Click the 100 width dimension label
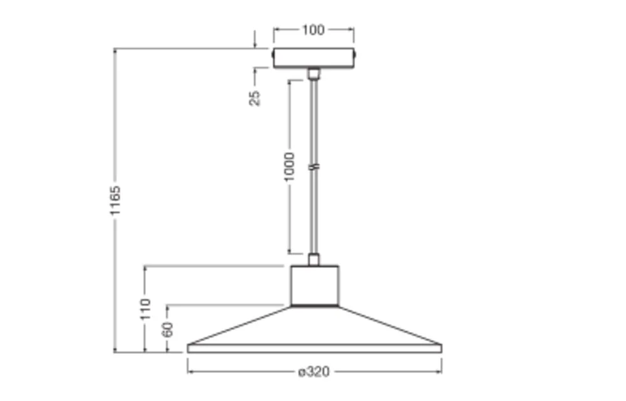click(314, 30)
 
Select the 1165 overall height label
click(115, 200)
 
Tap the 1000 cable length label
click(289, 167)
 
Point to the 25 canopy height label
click(255, 98)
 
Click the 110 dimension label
click(146, 309)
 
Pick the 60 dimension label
click(168, 330)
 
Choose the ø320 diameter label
click(314, 372)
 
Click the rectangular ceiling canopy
click(314, 58)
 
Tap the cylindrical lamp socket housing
click(315, 286)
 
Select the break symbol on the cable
click(315, 167)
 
